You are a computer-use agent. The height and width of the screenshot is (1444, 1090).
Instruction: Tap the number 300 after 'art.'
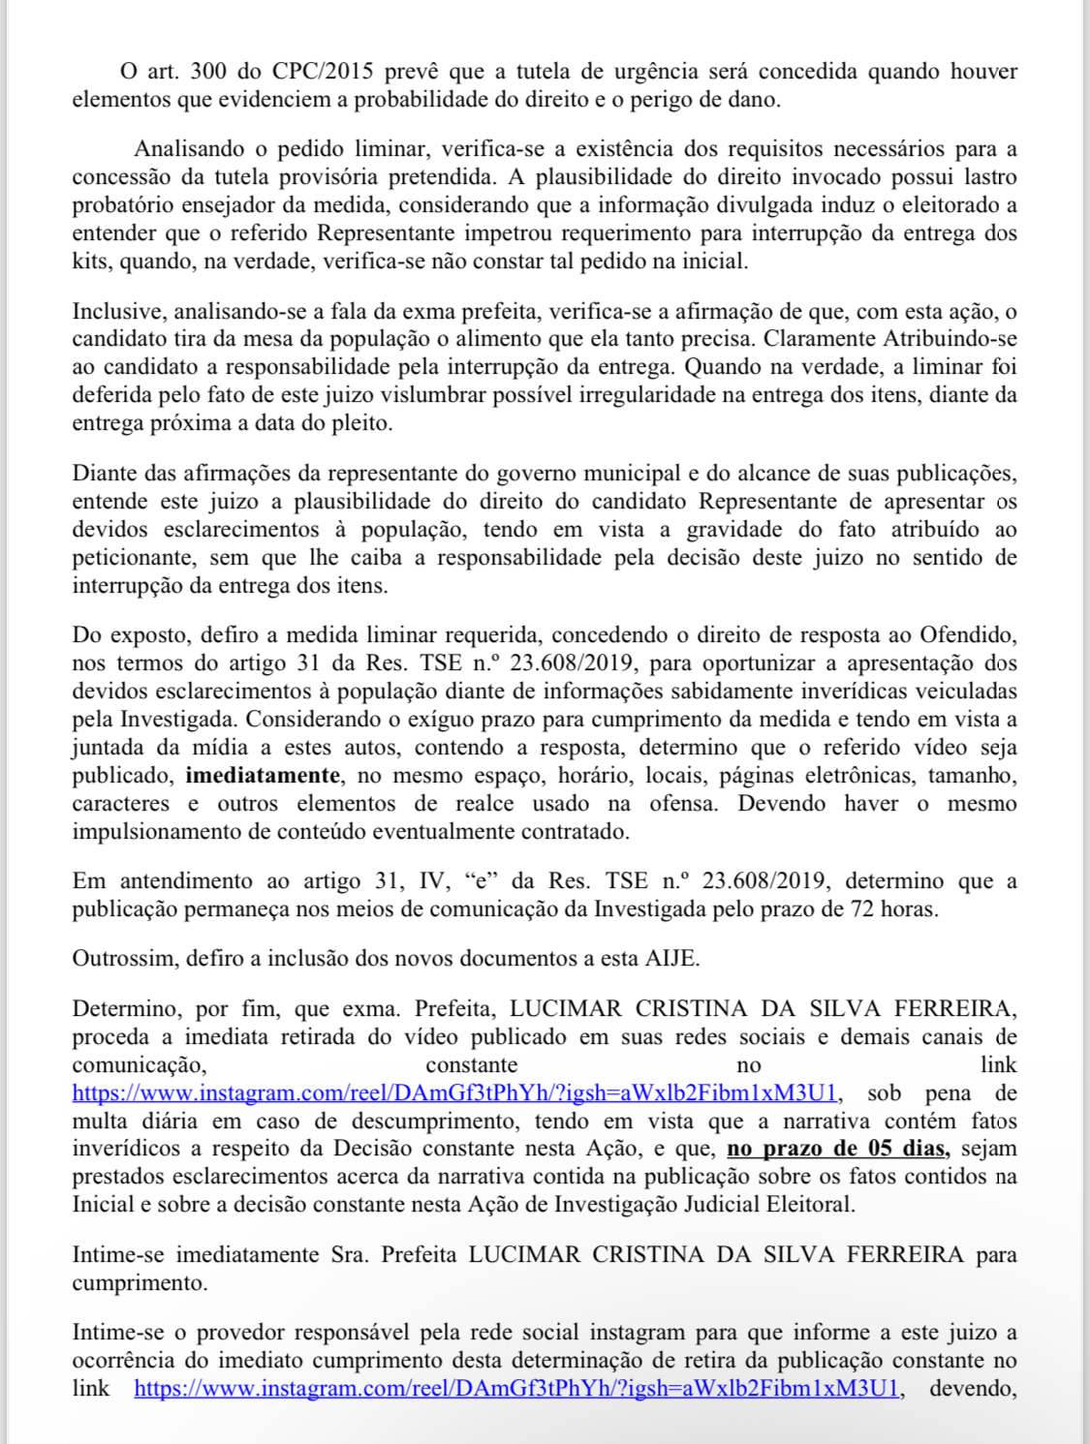pos(208,72)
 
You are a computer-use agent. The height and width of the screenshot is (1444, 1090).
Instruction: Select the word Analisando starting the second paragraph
pos(189,149)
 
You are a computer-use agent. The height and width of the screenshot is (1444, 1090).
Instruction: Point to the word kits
pos(91,261)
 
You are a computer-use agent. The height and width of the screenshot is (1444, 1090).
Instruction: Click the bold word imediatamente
pos(263,776)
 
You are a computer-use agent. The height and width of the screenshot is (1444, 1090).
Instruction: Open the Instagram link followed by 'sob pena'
pos(454,1093)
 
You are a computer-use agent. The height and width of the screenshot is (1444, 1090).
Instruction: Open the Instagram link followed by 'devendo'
pos(516,1389)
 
